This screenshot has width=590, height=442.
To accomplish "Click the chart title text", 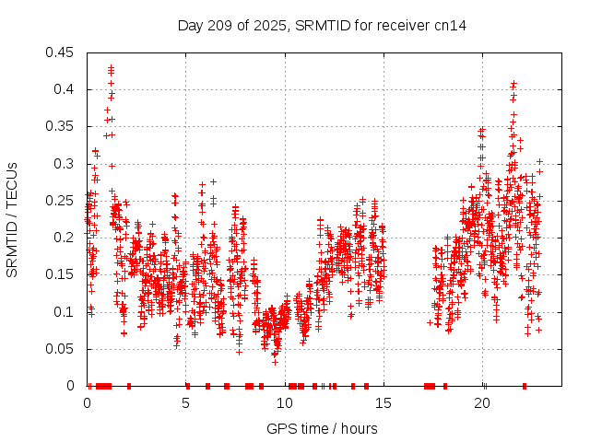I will click(322, 26).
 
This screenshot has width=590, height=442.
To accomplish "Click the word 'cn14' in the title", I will click(449, 26).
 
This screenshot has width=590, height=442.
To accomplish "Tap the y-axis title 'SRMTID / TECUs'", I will click(13, 219).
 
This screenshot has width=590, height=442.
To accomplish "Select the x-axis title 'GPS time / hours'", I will click(322, 428).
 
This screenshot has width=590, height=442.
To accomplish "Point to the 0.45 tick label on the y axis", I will click(62, 52).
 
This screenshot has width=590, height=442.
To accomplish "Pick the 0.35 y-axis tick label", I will click(62, 126).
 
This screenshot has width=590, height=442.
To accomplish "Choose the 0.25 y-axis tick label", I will click(62, 201).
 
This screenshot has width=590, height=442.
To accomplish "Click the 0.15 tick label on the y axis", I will click(62, 274).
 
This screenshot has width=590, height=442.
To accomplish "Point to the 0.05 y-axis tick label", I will click(62, 349).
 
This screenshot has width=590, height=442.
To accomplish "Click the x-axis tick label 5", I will click(186, 403).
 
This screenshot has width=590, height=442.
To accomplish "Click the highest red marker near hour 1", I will click(111, 67).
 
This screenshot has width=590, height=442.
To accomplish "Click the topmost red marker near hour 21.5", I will click(513, 83).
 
